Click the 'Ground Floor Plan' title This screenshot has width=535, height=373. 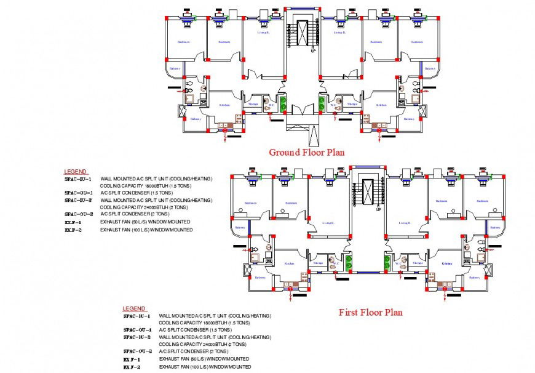306,152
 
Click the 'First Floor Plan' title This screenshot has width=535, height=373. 370,312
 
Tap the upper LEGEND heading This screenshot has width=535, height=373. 76,171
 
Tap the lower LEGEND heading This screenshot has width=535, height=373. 134,308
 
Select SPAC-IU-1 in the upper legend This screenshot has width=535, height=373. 78,179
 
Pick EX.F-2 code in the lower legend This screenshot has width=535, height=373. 132,367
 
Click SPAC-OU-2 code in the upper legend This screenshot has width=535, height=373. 79,214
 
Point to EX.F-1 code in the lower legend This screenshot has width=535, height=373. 132,358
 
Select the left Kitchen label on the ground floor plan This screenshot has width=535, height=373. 224,105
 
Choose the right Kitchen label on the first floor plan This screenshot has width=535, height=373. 448,263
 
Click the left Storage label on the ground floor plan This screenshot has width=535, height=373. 253,104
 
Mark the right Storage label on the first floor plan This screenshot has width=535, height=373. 418,263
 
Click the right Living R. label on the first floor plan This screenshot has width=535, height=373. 404,223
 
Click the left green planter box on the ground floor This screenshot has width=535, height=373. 283,103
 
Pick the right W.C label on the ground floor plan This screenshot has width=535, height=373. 333,105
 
